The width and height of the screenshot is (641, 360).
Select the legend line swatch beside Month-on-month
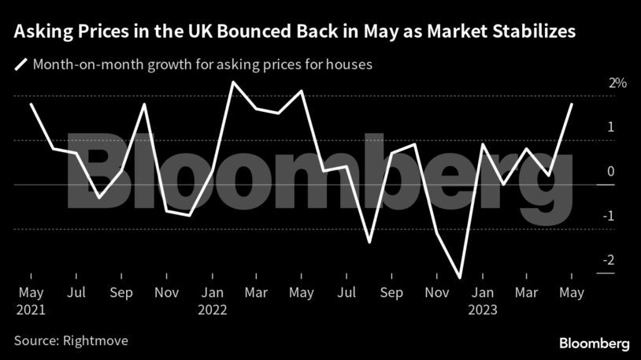pos(20,64)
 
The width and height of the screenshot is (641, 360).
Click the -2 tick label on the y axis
pos(610,261)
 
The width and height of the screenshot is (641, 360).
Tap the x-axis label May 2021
pos(30,301)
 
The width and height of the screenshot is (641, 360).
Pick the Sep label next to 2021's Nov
pos(120,293)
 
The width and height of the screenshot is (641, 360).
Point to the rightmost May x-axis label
pos(571,293)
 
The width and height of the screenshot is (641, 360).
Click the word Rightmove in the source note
pos(95,341)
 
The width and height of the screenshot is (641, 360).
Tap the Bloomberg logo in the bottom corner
pos(595,343)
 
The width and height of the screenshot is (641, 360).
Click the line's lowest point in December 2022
pos(459,277)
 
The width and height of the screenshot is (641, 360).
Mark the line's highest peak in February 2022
pos(233,81)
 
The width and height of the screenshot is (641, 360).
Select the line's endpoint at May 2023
pos(571,104)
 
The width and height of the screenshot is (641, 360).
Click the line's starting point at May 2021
pos(31,104)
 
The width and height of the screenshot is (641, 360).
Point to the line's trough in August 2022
pos(369,242)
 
